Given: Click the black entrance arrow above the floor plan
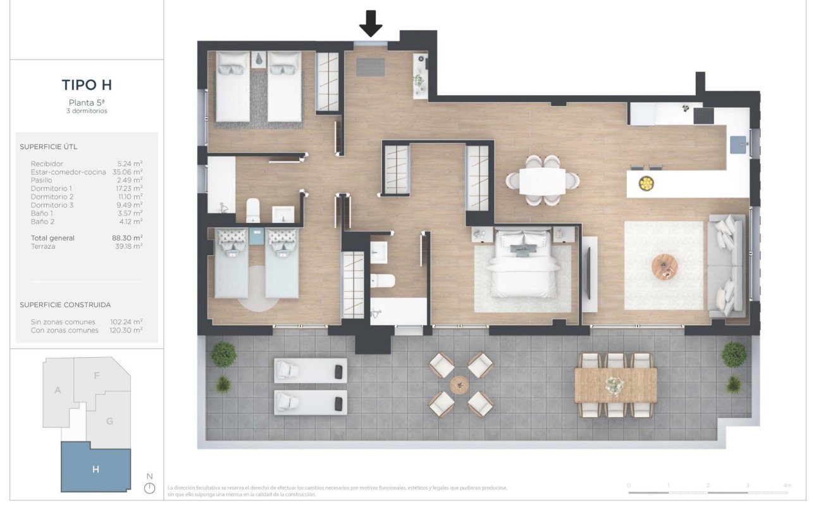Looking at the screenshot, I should click(x=371, y=23).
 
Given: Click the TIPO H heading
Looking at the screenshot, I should click(x=87, y=85).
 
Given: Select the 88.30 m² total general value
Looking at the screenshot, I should click(x=127, y=238).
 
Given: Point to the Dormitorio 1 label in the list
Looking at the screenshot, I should click(x=52, y=189).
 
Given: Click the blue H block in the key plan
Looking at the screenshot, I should click(x=96, y=469).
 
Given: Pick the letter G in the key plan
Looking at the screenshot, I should click(x=110, y=421).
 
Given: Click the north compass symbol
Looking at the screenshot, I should click(x=149, y=488).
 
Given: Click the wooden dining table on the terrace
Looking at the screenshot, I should click(x=615, y=385).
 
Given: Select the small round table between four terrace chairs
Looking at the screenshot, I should click(x=460, y=384).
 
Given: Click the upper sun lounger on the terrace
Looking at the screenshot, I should click(x=311, y=370).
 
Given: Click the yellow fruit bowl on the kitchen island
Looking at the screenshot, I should click(x=646, y=184).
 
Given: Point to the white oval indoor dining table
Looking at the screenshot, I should click(x=542, y=181).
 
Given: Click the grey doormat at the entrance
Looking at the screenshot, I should click(x=370, y=66).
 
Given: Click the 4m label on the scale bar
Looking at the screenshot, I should click(x=786, y=485).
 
